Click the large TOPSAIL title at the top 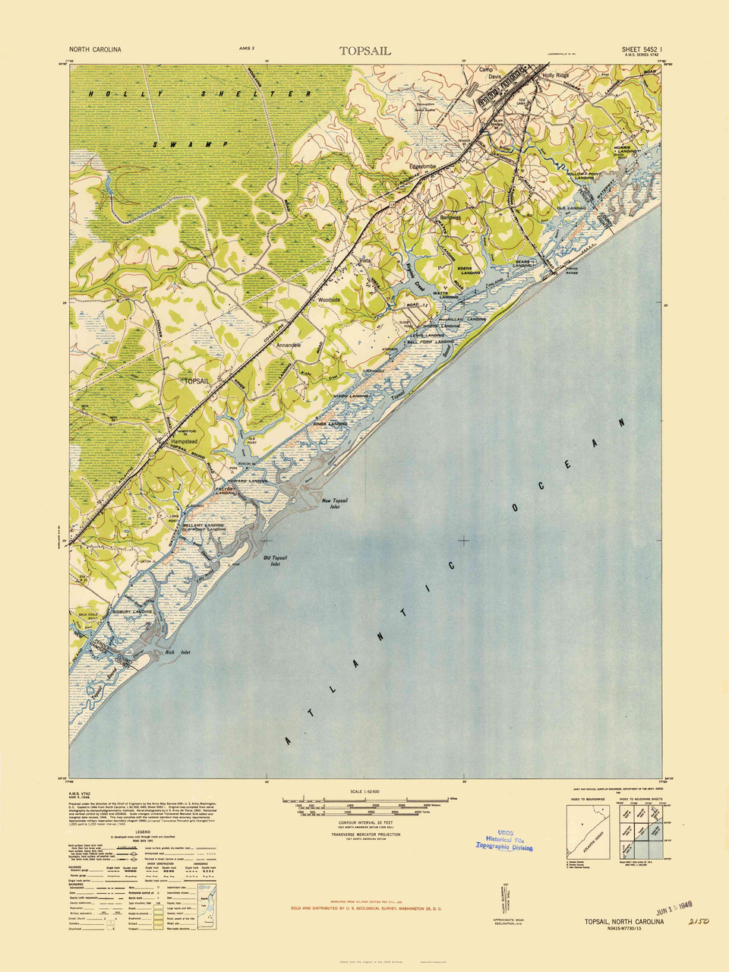pos(364,51)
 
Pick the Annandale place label pos(289,345)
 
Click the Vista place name pos(364,260)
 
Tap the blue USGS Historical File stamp pos(504,840)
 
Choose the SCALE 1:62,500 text pos(364,791)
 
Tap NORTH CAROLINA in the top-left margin pos(95,49)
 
